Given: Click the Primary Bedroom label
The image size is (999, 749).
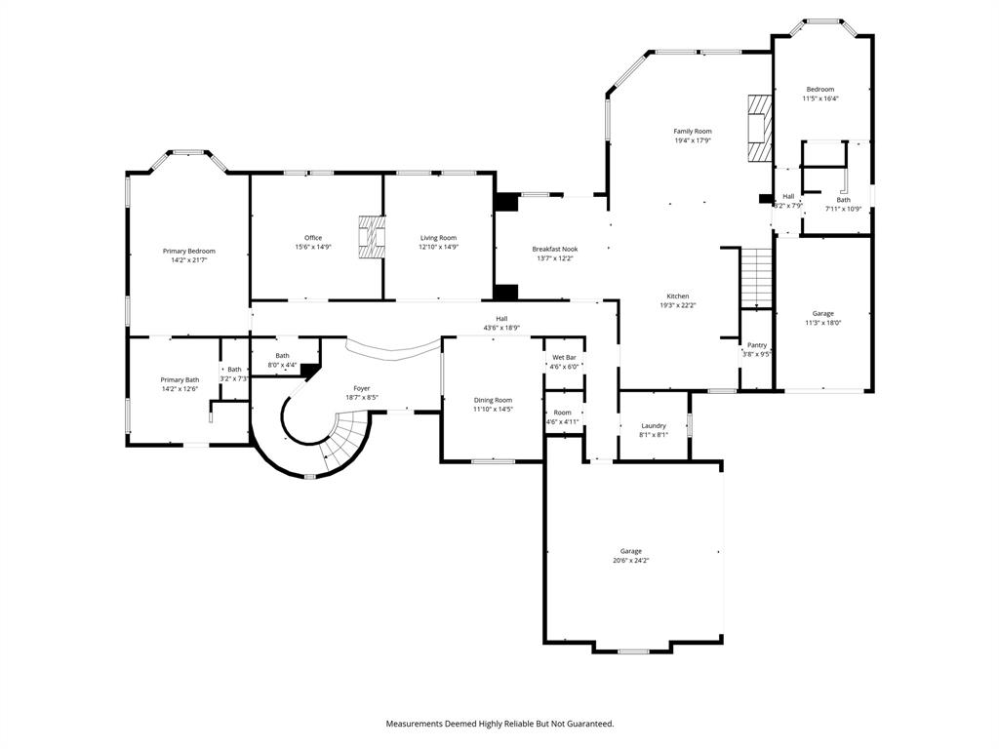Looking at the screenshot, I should [188, 251].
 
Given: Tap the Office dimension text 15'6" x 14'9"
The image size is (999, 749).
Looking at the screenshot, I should [313, 247].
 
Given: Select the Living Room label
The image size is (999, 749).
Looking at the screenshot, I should [438, 238].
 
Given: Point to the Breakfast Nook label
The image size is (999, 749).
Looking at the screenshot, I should [553, 249].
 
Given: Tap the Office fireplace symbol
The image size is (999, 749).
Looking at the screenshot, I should [371, 238].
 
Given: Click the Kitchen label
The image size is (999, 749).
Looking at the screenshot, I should [678, 296].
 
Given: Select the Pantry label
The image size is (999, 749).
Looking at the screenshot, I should [757, 345].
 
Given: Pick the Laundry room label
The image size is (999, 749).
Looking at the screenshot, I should [654, 425].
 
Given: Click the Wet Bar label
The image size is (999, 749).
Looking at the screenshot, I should [564, 357].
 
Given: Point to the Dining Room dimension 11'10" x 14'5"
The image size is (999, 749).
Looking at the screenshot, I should [493, 409].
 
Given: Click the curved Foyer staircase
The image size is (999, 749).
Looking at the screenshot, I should [346, 442].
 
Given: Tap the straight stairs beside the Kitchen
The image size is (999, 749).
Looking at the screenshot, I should [756, 278].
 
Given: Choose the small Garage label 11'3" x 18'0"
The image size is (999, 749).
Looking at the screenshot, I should [823, 323].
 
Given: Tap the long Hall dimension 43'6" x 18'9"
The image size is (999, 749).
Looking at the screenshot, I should [501, 328].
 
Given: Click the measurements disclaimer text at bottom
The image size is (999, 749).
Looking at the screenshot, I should [499, 724].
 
